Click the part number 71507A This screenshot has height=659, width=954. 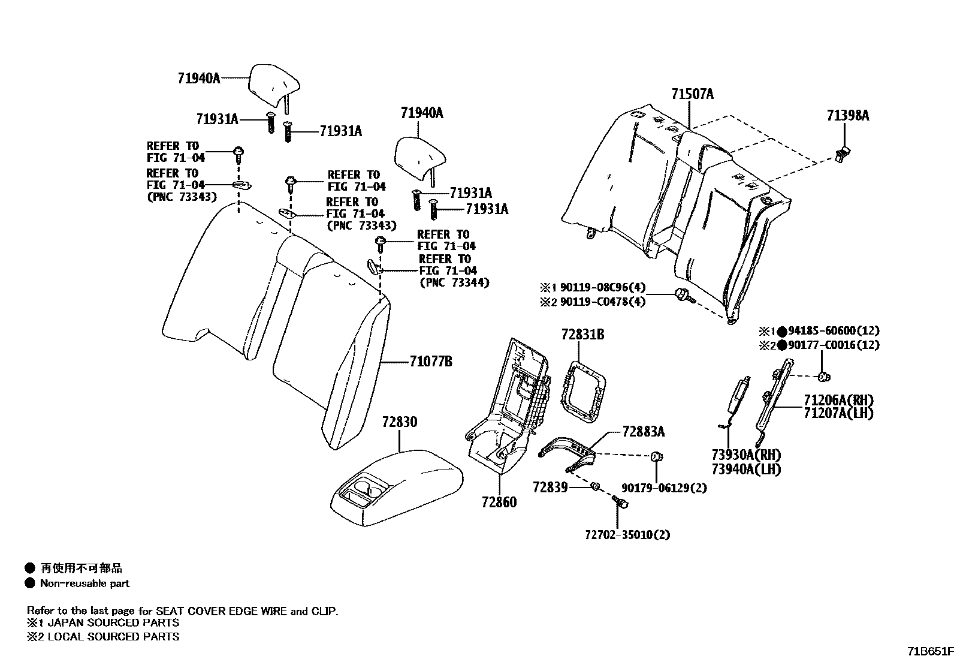tap(692, 94)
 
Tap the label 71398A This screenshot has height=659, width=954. tap(847, 116)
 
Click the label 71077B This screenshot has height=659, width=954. tap(431, 362)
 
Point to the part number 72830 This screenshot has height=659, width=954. tap(400, 422)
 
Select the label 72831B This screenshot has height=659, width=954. tap(582, 335)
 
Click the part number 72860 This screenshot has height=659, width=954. tap(499, 502)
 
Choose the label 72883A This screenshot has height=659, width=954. tap(643, 432)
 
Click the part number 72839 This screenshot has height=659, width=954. tap(550, 488)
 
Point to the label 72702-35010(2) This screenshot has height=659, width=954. tap(627, 534)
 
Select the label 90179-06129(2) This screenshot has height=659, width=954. tap(664, 488)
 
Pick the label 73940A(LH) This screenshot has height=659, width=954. tap(746, 470)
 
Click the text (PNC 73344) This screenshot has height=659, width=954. tap(454, 282)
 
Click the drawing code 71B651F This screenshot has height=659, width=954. tap(929, 651)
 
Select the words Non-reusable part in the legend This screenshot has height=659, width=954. tap(84, 583)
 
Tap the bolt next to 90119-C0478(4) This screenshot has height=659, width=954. tap(683, 294)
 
